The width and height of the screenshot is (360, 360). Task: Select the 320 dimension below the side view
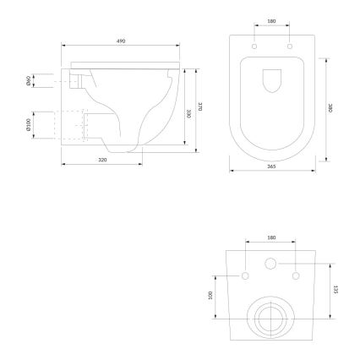click(101, 158)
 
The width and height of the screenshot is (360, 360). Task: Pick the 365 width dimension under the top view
click(271, 166)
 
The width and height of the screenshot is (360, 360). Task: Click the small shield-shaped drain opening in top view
click(271, 79)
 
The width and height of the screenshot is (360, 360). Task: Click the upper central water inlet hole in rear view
click(271, 264)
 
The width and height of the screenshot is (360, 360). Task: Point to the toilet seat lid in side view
click(127, 63)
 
